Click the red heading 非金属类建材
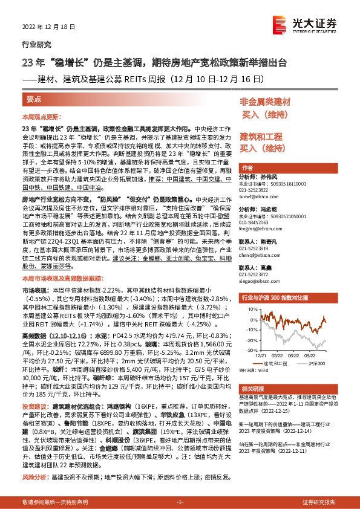click(266, 102)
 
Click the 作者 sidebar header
click(247, 167)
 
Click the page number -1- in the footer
click(180, 502)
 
